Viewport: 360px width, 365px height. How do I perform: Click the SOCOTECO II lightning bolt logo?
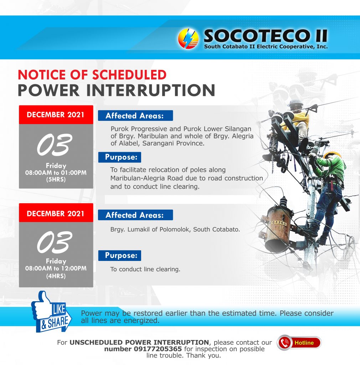tap(188, 38)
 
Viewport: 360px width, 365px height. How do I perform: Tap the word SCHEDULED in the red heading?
tap(129, 75)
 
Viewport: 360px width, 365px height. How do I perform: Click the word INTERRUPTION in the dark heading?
tap(151, 90)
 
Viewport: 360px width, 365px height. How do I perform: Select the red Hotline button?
tap(299, 343)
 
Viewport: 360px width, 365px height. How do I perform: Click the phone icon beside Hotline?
tap(284, 343)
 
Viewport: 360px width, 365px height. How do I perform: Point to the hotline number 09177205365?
tap(158, 349)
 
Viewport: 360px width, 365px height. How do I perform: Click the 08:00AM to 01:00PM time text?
tap(56, 173)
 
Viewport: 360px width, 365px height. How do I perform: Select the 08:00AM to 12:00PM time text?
tap(56, 268)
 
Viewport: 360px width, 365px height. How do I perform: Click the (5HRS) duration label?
tap(56, 180)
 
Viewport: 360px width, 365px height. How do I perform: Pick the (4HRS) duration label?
tap(56, 276)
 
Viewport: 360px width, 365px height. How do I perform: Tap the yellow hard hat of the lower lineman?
tap(332, 155)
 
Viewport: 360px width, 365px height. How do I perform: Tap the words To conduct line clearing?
tap(145, 269)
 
